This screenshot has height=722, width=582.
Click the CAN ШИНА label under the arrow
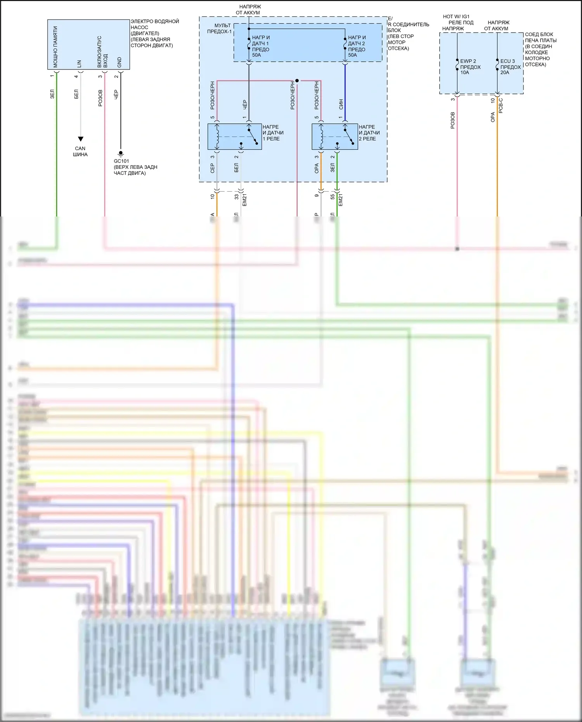(80, 151)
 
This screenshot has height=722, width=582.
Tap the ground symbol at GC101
(121, 154)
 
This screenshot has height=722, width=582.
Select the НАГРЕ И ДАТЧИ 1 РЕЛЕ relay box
(234, 137)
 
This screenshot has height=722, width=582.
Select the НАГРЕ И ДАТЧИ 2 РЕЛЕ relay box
(335, 137)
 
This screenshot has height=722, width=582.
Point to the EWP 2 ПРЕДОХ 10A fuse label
(470, 67)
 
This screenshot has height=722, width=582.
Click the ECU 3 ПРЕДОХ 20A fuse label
(510, 67)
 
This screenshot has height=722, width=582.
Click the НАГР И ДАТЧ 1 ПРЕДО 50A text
(260, 46)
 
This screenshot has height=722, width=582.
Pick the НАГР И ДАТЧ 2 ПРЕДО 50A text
(357, 46)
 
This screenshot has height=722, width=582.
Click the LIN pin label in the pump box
(79, 64)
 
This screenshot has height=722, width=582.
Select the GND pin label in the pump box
(120, 62)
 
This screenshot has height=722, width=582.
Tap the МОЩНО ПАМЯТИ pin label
(55, 47)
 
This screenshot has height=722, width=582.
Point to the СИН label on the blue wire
(341, 104)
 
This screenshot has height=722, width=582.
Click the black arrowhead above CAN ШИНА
(80, 139)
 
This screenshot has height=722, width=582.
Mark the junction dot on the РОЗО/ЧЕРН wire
(297, 81)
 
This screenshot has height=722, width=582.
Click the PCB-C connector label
(501, 106)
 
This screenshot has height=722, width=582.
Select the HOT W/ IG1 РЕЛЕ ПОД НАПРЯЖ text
(457, 23)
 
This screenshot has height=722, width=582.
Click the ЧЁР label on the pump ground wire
(116, 95)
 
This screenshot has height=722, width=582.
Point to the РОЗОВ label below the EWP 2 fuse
(453, 120)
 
